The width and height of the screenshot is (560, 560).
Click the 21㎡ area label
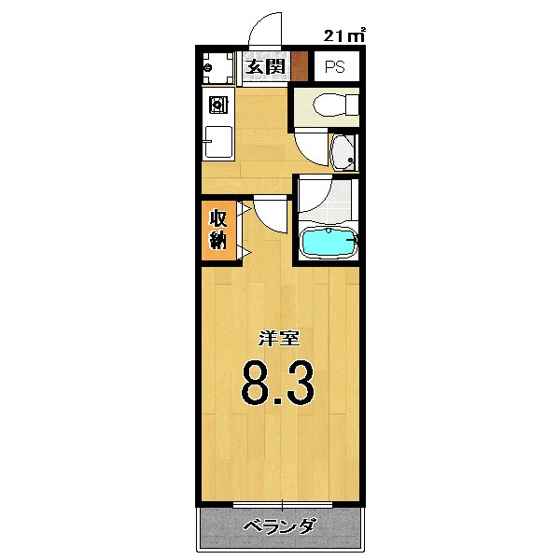click(344, 36)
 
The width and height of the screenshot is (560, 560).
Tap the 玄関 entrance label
click(265, 66)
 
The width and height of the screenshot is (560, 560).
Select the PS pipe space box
click(334, 67)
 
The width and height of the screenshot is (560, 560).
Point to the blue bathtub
click(328, 244)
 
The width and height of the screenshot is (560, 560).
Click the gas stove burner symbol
click(216, 104)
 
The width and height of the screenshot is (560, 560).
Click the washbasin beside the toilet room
click(343, 151)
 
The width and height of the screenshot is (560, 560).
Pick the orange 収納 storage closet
click(217, 230)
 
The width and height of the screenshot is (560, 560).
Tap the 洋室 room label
click(278, 339)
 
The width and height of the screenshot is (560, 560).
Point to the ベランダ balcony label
click(278, 527)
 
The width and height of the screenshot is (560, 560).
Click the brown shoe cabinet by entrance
click(300, 66)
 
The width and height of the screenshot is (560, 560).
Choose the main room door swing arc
click(271, 214)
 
